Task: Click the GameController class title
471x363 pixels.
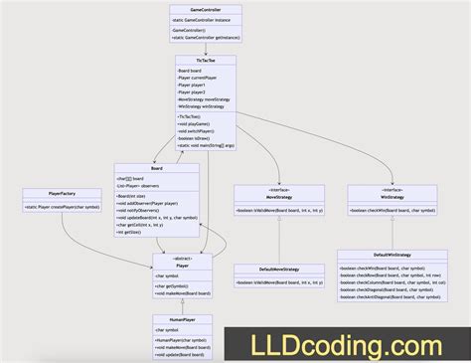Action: (x=205, y=9)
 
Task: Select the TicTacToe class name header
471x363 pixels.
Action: (x=205, y=61)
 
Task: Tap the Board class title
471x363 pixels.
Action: (x=157, y=168)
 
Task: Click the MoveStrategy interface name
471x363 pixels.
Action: (x=265, y=197)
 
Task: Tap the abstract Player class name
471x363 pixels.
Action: (x=181, y=265)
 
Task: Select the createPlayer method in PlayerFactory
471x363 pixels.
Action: (x=63, y=208)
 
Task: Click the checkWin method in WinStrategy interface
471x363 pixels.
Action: (x=393, y=211)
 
